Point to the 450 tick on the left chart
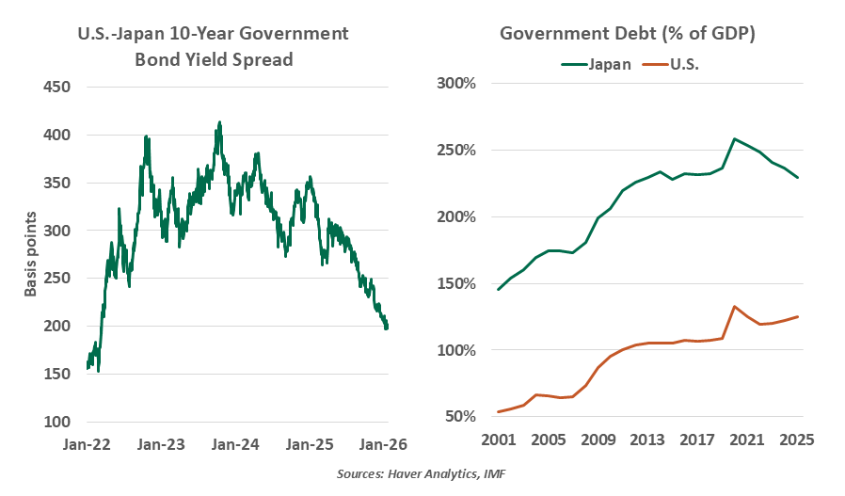57,88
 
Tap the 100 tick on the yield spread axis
57,421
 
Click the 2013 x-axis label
648,440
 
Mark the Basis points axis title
31,254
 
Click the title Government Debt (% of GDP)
628,34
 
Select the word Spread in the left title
262,59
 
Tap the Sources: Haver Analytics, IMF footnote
422,474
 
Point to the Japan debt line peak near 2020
735,139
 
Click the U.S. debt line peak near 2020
735,307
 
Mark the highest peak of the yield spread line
219,122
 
